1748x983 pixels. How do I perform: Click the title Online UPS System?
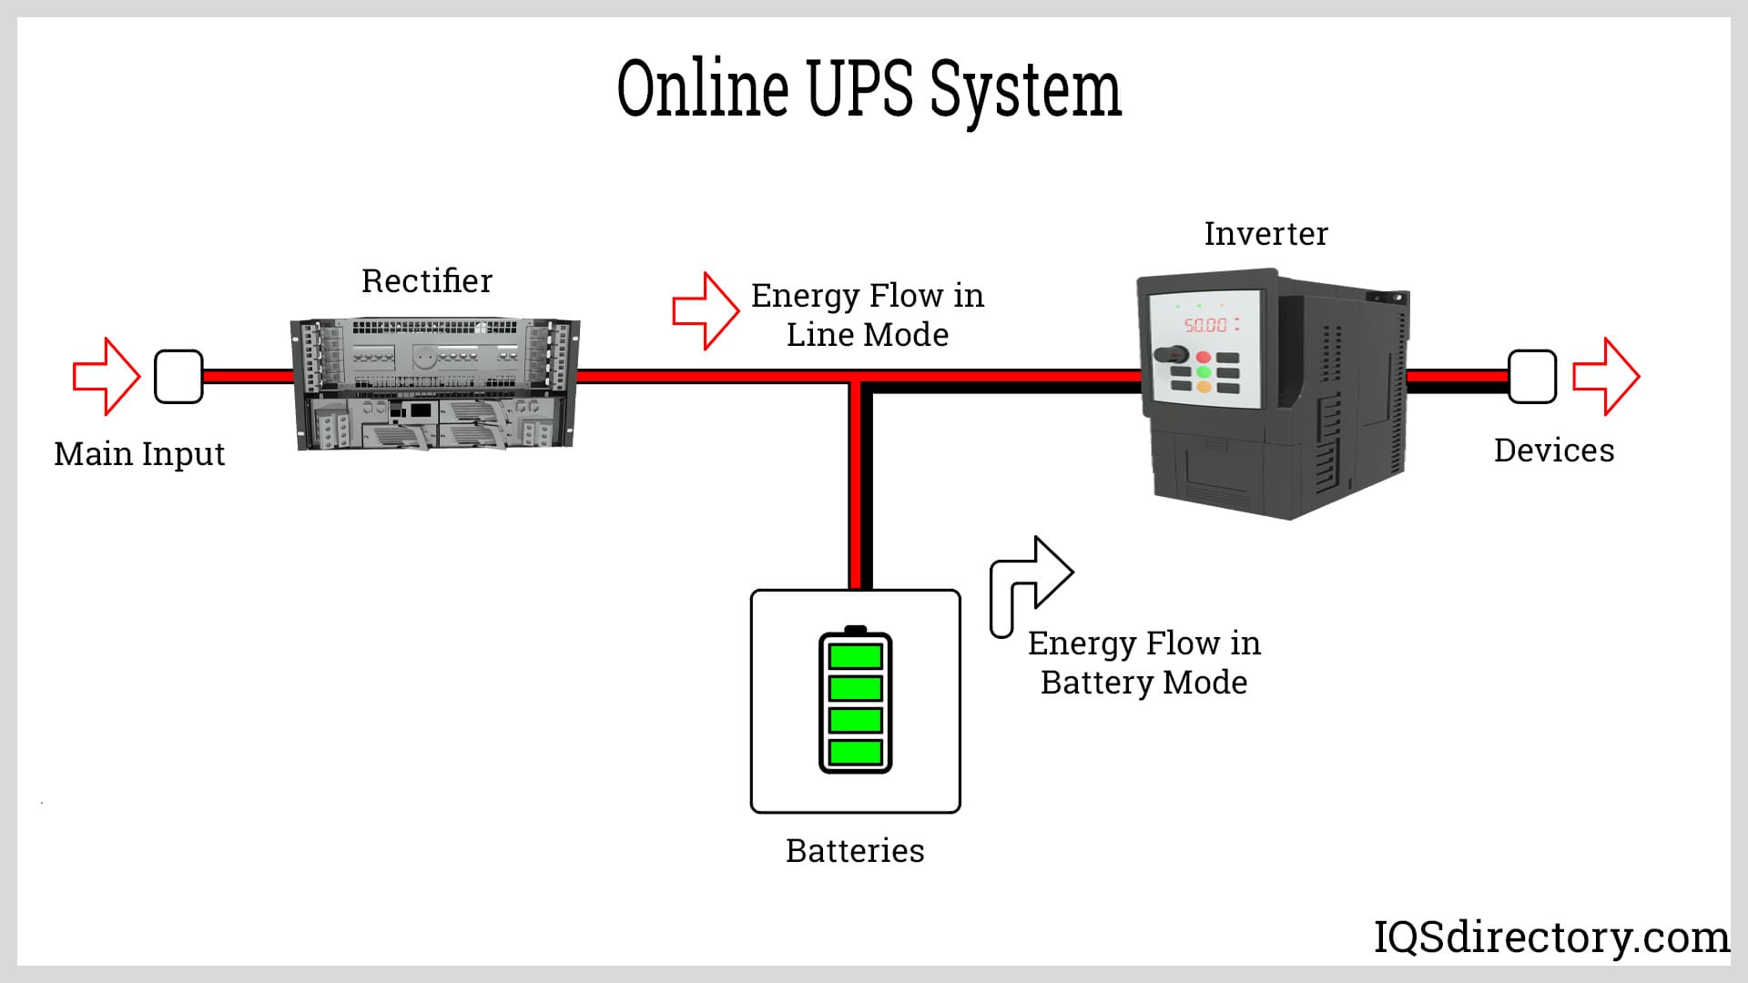click(869, 89)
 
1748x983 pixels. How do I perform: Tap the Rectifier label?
click(426, 281)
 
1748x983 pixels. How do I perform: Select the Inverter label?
click(1265, 234)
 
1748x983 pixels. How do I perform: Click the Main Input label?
click(139, 453)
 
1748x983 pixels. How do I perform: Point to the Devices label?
click(1554, 451)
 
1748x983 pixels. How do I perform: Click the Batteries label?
click(855, 851)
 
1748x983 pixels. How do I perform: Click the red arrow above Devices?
click(1606, 377)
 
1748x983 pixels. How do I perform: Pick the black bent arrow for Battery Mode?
click(1029, 583)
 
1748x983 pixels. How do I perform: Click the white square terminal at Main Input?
click(178, 377)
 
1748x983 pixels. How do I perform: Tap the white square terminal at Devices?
click(1532, 377)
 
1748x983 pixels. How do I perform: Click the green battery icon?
click(856, 701)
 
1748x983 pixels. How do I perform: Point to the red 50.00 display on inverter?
click(1205, 325)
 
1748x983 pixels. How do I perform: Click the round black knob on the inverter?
click(1168, 356)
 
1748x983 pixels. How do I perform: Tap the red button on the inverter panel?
click(1204, 357)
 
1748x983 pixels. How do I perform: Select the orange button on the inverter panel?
click(1204, 387)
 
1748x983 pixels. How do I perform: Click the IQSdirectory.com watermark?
click(1550, 937)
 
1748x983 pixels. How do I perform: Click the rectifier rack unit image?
click(435, 384)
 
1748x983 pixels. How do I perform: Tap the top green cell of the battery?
click(856, 656)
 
